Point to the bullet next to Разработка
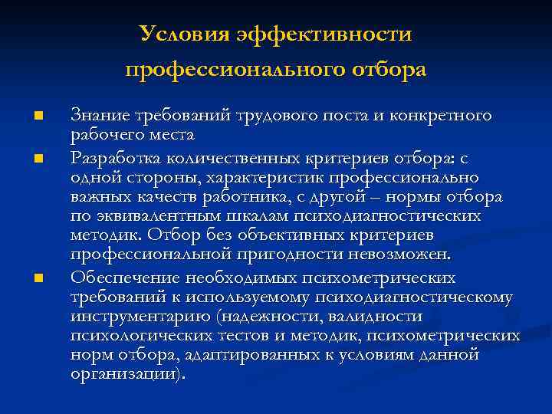[x=37, y=158]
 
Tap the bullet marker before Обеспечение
[x=37, y=278]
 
